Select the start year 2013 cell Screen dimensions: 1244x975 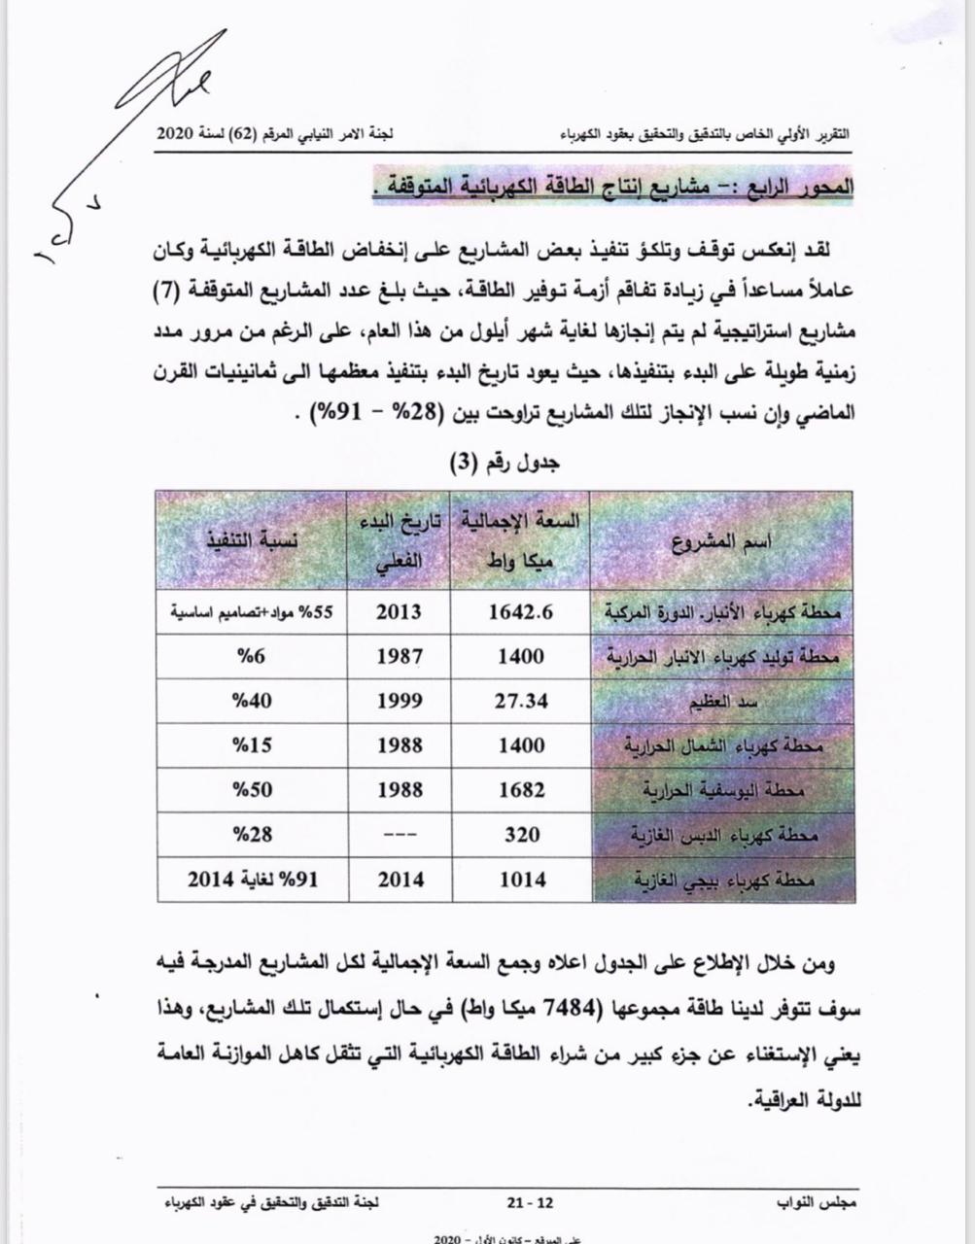tap(399, 612)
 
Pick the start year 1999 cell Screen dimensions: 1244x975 tap(399, 701)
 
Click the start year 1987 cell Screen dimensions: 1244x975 tap(399, 656)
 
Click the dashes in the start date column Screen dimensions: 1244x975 tap(399, 835)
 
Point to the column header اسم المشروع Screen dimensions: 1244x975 tap(722, 542)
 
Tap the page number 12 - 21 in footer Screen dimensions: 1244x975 tap(530, 1202)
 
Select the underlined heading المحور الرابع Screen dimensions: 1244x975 tap(613, 188)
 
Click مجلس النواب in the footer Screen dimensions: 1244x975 tap(818, 1202)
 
